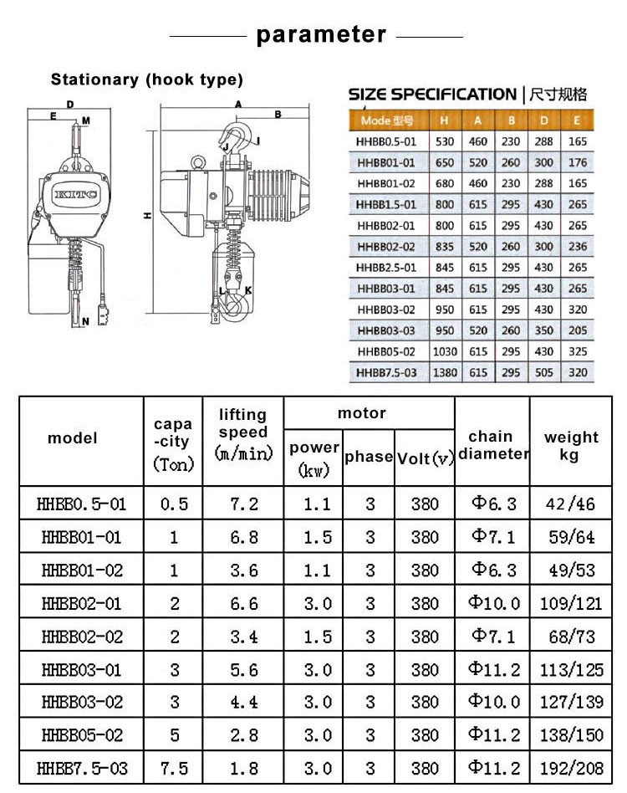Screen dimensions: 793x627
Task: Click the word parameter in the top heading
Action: [321, 34]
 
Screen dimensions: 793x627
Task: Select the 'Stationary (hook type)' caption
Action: [147, 80]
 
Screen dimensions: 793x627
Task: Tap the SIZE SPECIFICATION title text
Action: [432, 94]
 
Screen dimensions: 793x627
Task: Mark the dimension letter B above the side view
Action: [278, 115]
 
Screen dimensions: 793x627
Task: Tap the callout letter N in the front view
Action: [85, 322]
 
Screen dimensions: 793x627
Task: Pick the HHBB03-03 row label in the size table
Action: [387, 330]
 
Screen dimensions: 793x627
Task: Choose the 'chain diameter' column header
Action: [492, 445]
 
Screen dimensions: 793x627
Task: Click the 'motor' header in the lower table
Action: [361, 413]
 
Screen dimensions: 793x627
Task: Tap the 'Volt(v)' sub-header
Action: [425, 458]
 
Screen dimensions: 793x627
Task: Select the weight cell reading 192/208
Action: [573, 768]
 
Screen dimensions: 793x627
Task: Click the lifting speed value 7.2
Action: [242, 504]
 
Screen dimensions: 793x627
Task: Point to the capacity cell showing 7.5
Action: [174, 768]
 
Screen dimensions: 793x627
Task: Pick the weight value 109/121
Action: [573, 603]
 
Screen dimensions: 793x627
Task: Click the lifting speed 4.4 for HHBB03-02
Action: [242, 702]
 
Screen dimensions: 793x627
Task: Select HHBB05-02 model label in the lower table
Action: [82, 735]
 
